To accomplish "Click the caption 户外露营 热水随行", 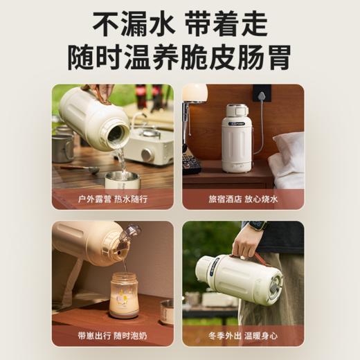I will point(113,199).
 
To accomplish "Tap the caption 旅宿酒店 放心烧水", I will point(243,199).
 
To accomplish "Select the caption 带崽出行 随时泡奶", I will point(113,336).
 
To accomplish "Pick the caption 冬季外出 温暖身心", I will point(243,336).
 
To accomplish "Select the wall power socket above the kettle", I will point(262,93).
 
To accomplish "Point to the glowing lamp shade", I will point(195,93).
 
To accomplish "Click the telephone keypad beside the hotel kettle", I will point(191,162).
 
